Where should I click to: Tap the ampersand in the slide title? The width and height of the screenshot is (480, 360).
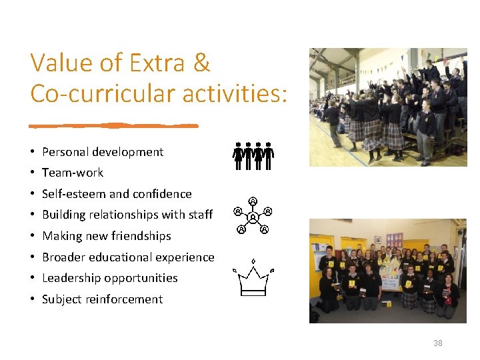click(x=202, y=63)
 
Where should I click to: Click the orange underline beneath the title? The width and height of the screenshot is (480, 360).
click(x=114, y=125)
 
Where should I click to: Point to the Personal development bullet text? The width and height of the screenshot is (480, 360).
click(x=102, y=152)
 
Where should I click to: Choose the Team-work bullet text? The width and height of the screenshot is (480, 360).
click(x=73, y=173)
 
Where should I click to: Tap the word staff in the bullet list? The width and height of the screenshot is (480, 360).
click(x=200, y=215)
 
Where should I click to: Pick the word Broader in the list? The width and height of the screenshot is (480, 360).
click(x=63, y=257)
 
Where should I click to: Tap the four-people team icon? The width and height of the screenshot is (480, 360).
click(x=253, y=155)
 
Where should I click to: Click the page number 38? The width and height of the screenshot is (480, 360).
click(x=437, y=343)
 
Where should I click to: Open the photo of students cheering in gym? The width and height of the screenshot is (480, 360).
click(x=388, y=107)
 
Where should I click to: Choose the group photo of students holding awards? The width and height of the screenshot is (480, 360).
click(x=388, y=271)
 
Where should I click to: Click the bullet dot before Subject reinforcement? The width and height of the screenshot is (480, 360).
click(x=33, y=299)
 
